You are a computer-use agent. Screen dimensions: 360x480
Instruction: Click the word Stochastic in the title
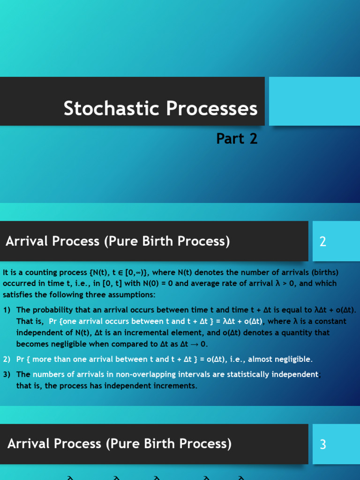click(112, 108)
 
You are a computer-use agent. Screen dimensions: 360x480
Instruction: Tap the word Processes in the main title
click(212, 108)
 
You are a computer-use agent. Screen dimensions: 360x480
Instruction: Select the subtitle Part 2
click(237, 138)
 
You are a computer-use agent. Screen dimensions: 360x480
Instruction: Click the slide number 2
click(322, 241)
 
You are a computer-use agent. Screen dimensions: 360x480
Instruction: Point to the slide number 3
click(322, 444)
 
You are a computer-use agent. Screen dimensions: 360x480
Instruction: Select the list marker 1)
click(7, 310)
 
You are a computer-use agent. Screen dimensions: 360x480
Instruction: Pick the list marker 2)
click(7, 359)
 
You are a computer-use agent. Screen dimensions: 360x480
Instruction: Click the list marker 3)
click(7, 375)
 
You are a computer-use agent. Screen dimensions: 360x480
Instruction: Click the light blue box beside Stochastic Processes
click(315, 101)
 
